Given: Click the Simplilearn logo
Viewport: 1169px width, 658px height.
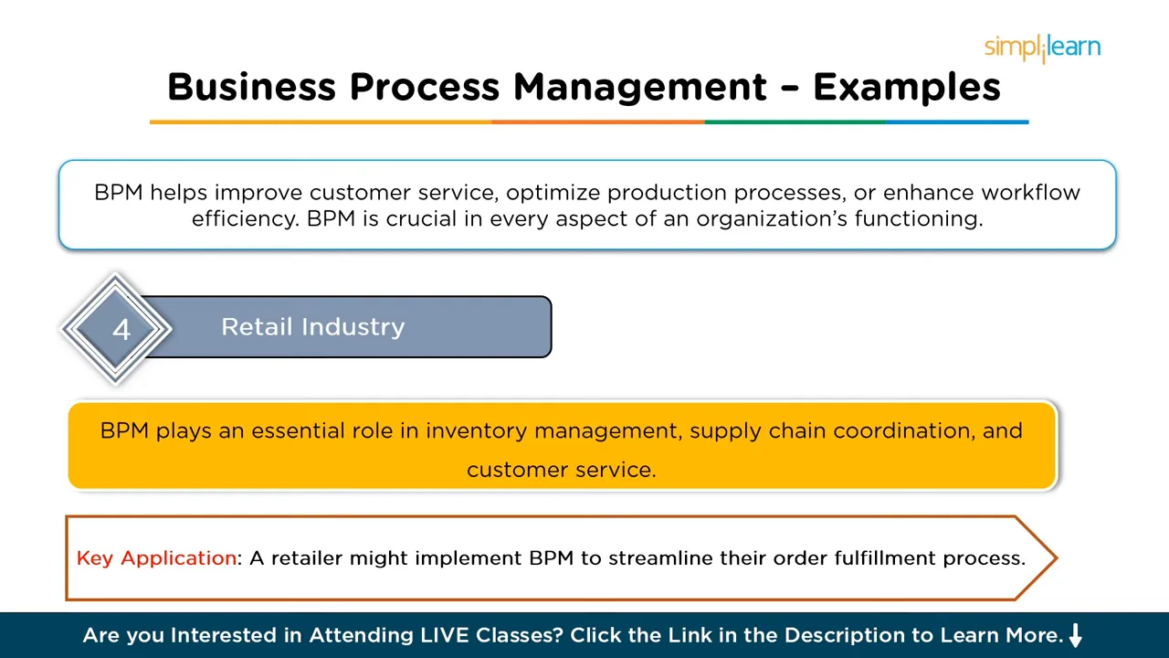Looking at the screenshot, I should tap(1042, 48).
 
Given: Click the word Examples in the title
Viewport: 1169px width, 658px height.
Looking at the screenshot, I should tap(906, 87).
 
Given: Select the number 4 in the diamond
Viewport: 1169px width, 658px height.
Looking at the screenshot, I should tap(121, 330).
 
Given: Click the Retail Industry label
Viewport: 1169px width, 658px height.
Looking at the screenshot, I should tap(312, 327).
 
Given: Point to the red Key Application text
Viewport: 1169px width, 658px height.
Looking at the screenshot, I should tap(156, 558).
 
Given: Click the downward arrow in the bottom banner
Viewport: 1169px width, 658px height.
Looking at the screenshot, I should tap(1076, 635).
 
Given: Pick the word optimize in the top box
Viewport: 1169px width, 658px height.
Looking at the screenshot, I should tap(553, 193).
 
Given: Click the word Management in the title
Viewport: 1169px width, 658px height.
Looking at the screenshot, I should tap(639, 87).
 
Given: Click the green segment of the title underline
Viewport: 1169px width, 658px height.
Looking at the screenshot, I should tap(795, 122).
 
